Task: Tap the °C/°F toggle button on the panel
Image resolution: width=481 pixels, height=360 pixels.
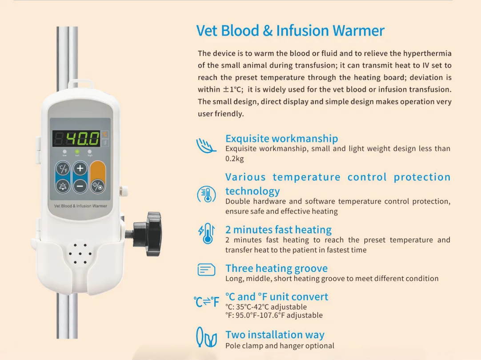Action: click(63, 169)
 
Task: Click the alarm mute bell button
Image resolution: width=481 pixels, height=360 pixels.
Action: click(63, 186)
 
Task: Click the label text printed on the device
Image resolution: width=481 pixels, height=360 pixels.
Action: click(80, 206)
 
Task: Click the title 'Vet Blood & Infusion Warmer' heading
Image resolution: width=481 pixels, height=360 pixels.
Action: click(290, 31)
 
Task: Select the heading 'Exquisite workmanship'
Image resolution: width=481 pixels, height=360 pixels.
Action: click(281, 138)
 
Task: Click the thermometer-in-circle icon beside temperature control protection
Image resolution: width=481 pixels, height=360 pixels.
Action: click(206, 194)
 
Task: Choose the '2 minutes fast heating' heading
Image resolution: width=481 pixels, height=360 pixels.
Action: click(278, 230)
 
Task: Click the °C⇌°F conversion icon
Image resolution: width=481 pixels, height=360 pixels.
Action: click(206, 302)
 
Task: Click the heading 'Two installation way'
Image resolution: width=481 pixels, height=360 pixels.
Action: click(275, 335)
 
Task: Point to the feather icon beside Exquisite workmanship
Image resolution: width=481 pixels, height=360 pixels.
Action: click(206, 145)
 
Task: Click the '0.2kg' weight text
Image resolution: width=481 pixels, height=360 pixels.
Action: click(234, 159)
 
